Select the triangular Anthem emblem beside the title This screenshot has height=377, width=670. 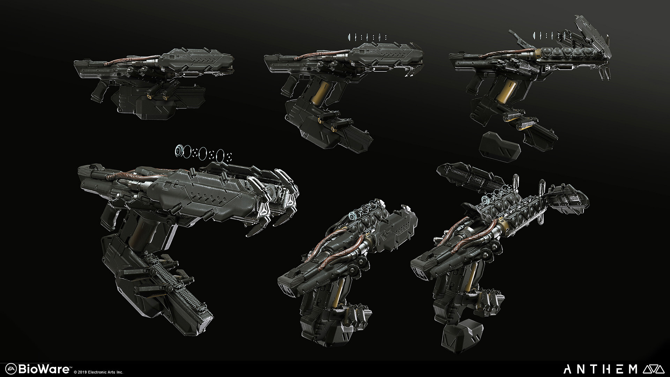(655, 369)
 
